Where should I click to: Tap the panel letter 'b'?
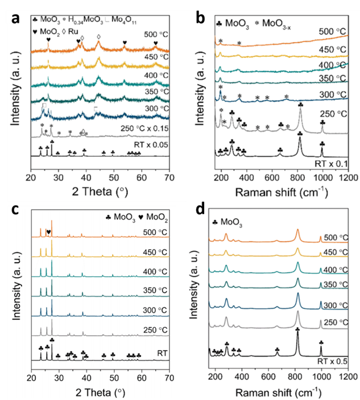coord(201,18)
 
